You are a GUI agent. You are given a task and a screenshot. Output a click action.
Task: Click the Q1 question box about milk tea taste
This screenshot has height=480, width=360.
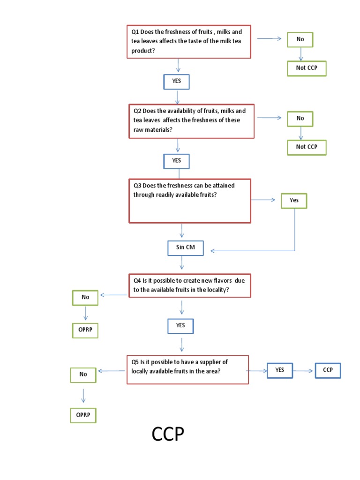(189, 42)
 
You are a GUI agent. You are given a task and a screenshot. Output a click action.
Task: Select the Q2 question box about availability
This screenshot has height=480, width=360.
(191, 121)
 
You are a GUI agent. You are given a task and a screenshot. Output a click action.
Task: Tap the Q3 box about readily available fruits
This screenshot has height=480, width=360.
(190, 201)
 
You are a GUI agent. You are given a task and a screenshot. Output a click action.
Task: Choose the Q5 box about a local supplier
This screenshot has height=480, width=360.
(187, 369)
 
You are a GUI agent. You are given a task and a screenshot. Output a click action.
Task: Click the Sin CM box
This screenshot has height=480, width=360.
(186, 248)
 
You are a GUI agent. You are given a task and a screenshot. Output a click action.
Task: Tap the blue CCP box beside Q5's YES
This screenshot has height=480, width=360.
(328, 370)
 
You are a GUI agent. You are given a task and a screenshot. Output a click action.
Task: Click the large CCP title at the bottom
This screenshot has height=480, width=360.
(168, 435)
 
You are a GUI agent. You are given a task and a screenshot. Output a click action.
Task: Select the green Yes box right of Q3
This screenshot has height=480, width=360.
(294, 201)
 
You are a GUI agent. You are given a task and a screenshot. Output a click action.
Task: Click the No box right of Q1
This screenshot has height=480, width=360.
(300, 39)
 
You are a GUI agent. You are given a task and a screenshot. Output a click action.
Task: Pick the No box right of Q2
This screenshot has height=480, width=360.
(300, 119)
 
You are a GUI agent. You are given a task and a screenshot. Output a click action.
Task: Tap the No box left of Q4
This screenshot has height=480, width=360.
(85, 297)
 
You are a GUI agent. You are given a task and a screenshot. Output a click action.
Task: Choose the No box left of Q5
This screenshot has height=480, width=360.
(83, 375)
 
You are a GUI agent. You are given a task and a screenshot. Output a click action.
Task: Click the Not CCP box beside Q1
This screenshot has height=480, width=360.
(307, 68)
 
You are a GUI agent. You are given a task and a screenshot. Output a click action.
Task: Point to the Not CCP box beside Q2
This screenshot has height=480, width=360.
(307, 147)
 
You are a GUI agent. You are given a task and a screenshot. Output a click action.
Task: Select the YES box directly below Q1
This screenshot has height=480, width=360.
(176, 82)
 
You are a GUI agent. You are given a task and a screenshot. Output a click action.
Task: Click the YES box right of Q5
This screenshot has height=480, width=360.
(280, 370)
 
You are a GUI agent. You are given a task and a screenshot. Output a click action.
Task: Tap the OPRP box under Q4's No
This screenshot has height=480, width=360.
(85, 330)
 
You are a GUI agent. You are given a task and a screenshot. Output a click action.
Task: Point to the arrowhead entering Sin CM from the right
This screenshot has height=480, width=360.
(213, 251)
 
